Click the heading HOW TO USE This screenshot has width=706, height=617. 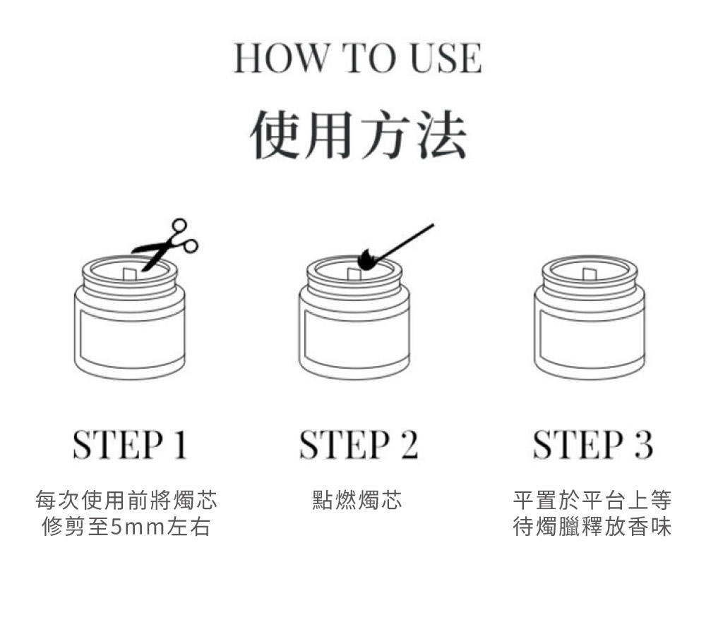pos(358,58)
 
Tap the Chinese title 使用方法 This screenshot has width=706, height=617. pos(358,135)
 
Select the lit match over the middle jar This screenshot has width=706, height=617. pos(395,248)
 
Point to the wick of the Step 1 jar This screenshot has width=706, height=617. pos(130,273)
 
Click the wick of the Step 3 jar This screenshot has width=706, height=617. pos(590,274)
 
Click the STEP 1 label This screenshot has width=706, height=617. pos(130,444)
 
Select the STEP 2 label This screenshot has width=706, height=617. pos(359,444)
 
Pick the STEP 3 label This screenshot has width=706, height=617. pos(592,444)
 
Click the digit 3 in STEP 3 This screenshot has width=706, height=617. pos(644,444)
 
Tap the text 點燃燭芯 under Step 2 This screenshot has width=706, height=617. pos(357,500)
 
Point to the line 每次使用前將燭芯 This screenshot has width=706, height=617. pos(126,500)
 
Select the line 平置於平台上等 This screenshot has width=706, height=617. pos(592,500)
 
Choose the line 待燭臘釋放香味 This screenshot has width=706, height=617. pos(592,527)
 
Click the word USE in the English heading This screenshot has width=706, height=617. pos(446,58)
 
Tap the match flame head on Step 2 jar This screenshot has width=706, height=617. pos(366,260)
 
